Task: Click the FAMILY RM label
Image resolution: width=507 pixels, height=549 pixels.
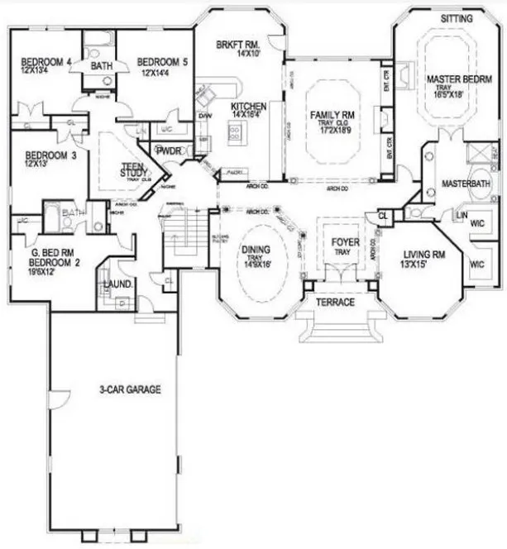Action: coord(332,115)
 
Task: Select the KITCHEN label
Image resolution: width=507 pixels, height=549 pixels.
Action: coord(247,107)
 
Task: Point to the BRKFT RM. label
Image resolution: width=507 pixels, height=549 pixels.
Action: coord(238,44)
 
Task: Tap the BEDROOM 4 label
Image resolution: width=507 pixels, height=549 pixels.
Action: coord(45,62)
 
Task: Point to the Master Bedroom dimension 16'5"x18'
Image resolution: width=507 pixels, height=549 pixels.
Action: coord(447,95)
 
